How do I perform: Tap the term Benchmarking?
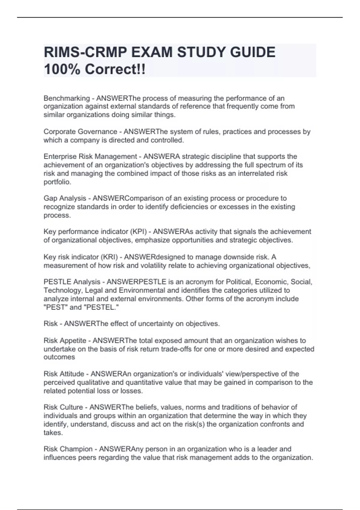67,98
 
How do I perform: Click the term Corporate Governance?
80,132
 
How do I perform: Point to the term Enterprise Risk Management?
90,157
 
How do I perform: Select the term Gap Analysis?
65,198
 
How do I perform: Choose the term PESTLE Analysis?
72,282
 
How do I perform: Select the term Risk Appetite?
65,341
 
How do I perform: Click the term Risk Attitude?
64,374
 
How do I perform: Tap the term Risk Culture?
63,407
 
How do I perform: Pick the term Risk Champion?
68,449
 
